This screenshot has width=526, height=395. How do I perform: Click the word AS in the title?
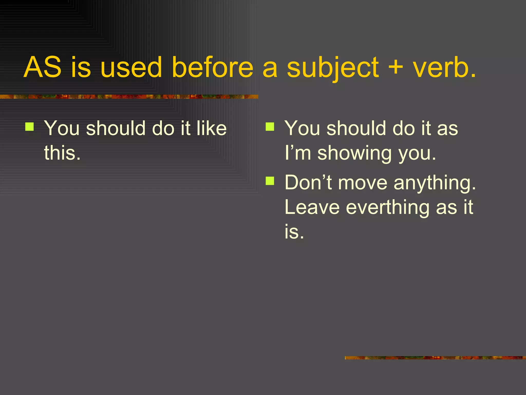pyautogui.click(x=43, y=67)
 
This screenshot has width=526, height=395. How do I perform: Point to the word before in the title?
pyautogui.click(x=212, y=67)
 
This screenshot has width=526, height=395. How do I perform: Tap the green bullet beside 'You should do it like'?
pyautogui.click(x=30, y=127)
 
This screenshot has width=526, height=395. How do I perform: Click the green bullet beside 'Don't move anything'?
pyautogui.click(x=270, y=181)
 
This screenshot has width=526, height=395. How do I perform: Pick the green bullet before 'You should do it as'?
pyautogui.click(x=270, y=127)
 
